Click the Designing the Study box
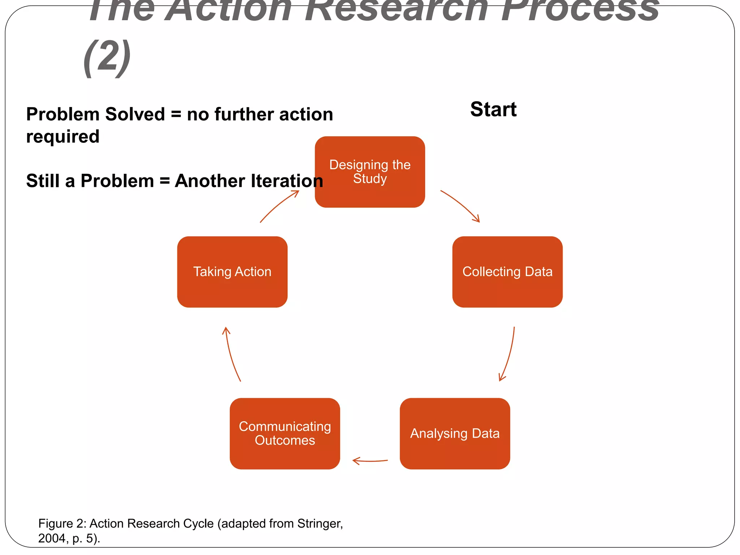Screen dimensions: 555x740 [370, 172]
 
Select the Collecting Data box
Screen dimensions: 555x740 [507, 272]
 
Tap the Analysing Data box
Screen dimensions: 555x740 [455, 433]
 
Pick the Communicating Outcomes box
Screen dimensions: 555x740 [285, 433]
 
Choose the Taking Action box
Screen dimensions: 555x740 [232, 272]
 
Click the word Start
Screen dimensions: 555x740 [493, 109]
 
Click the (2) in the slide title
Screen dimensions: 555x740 [107, 58]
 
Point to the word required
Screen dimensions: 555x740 [63, 137]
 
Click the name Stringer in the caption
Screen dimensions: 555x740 [319, 523]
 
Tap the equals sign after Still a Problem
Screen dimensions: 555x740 [164, 181]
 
